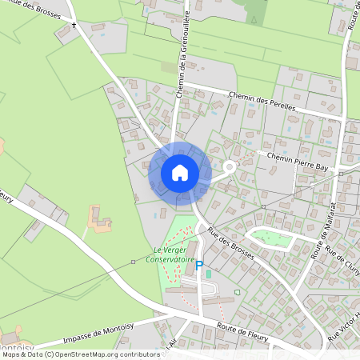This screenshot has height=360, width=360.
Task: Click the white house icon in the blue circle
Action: (x=180, y=172)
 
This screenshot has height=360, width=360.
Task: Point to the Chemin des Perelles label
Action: (x=262, y=101)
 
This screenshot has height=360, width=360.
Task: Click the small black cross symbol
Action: (x=74, y=26)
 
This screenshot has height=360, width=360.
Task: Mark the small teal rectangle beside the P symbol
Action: (x=209, y=274)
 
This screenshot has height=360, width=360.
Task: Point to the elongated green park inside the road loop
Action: (x=272, y=237)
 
